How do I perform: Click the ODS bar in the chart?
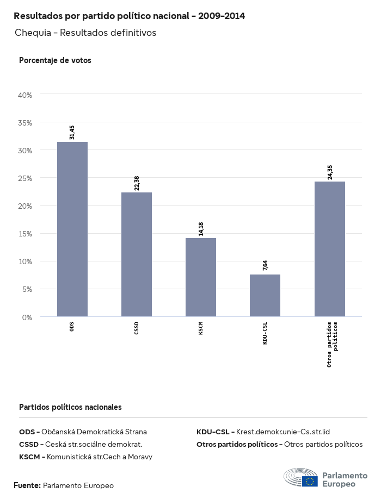(72, 229)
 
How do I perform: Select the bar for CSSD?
(137, 254)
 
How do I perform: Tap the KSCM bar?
(201, 277)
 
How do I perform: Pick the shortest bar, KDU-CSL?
(265, 295)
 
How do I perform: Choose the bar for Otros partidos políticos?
(330, 248)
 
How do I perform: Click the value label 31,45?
(72, 132)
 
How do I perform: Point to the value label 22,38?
(137, 183)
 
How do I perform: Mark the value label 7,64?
(265, 266)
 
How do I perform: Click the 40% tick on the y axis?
(26, 95)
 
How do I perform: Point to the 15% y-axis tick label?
(26, 234)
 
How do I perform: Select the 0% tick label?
(27, 317)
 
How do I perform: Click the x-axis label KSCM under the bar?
(201, 328)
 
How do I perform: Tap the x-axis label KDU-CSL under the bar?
(265, 333)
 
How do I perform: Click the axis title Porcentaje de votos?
(55, 60)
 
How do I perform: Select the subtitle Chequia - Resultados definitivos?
(85, 33)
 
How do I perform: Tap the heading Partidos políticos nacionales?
(70, 407)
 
